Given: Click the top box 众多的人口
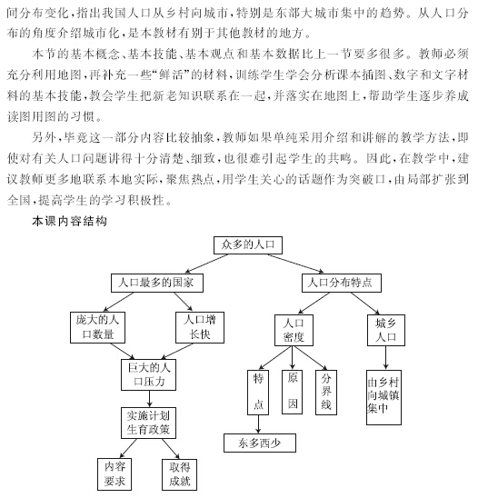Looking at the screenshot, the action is point(248,244).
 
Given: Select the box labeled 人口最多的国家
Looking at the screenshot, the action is point(157,283).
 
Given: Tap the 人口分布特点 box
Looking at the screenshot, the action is point(342,283).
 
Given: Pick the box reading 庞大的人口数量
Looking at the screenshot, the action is point(97,327).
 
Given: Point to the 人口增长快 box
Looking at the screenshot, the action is point(200,327).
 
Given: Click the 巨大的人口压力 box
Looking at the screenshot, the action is point(148,374).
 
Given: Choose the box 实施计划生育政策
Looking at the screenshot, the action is point(148,423).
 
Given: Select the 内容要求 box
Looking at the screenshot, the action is point(115,474).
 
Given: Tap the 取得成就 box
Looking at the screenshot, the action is point(179,474).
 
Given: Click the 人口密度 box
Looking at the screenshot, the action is point(294,330).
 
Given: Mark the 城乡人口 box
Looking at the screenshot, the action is point(386,330).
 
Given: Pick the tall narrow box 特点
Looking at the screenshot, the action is point(258,393).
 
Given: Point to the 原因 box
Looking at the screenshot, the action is point(293,392).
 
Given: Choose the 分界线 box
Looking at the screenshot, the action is point(326,393).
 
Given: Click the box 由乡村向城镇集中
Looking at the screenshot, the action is point(383,397).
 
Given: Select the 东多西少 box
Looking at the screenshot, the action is point(260,443).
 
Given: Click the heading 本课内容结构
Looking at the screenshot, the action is point(69,221).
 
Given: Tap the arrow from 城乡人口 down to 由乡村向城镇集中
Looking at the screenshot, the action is point(386,358).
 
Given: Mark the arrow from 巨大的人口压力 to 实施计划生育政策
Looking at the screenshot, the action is point(149,399).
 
